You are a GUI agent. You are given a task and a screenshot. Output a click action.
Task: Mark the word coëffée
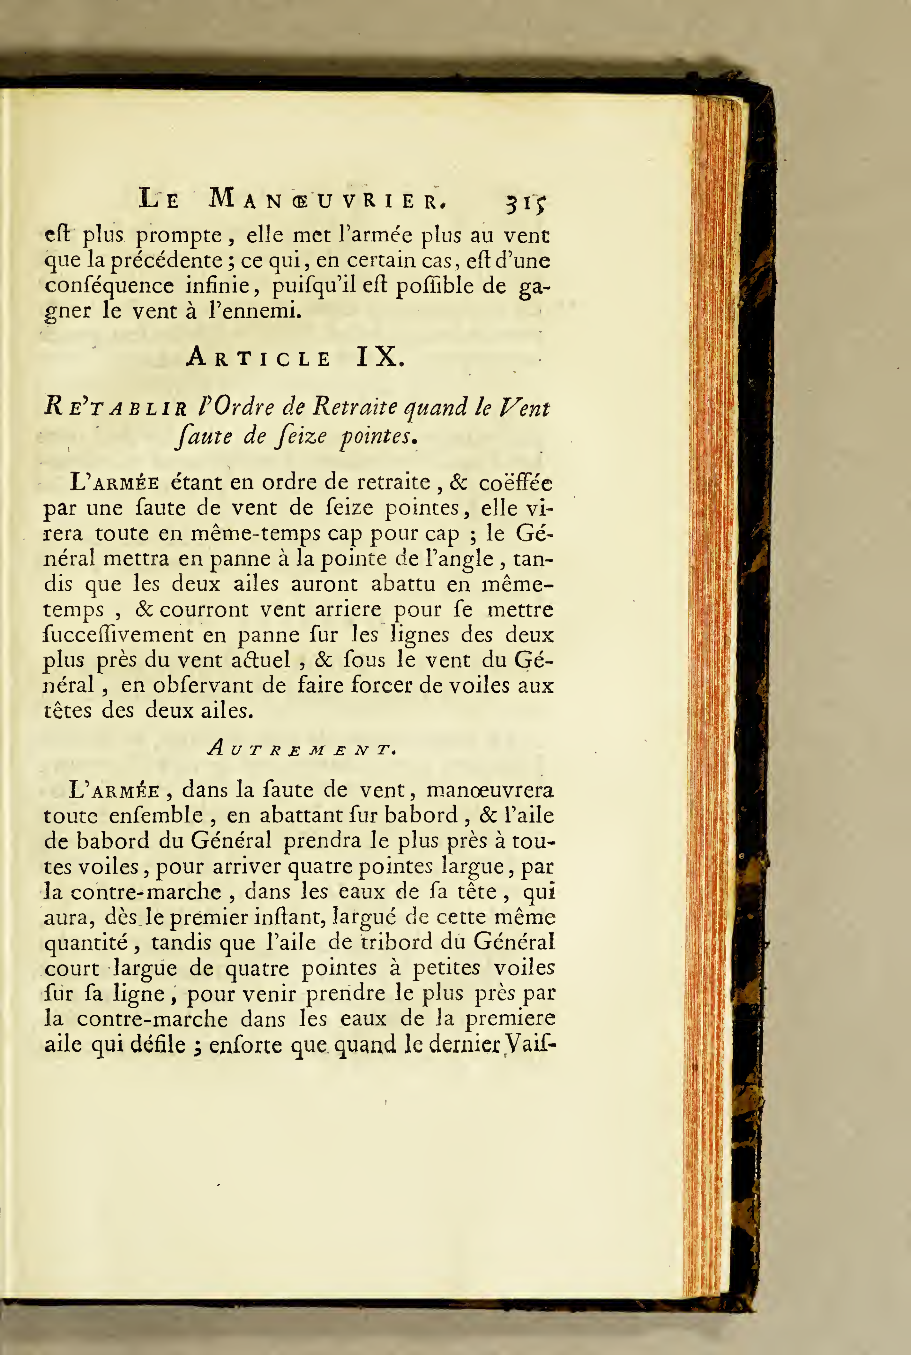point(515,483)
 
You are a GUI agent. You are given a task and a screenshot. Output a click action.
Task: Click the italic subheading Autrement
point(302,749)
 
